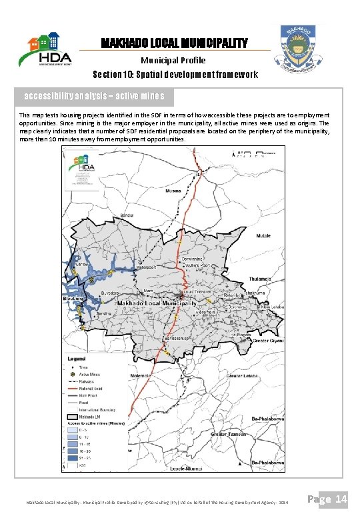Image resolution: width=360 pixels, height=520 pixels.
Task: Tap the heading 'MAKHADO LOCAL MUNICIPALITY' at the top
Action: click(x=174, y=43)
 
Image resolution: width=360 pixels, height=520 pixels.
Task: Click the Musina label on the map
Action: click(x=173, y=191)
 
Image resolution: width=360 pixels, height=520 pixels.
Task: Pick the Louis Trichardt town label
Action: click(x=197, y=292)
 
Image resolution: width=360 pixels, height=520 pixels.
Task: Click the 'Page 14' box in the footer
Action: click(x=331, y=499)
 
